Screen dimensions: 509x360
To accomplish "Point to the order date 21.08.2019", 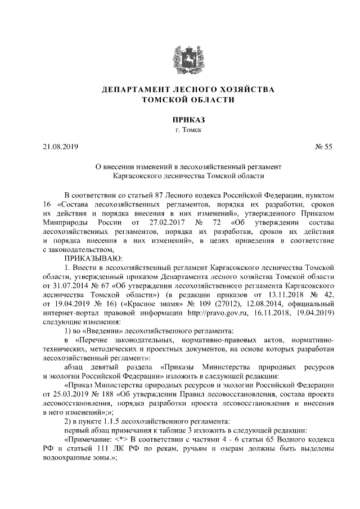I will [61, 147].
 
